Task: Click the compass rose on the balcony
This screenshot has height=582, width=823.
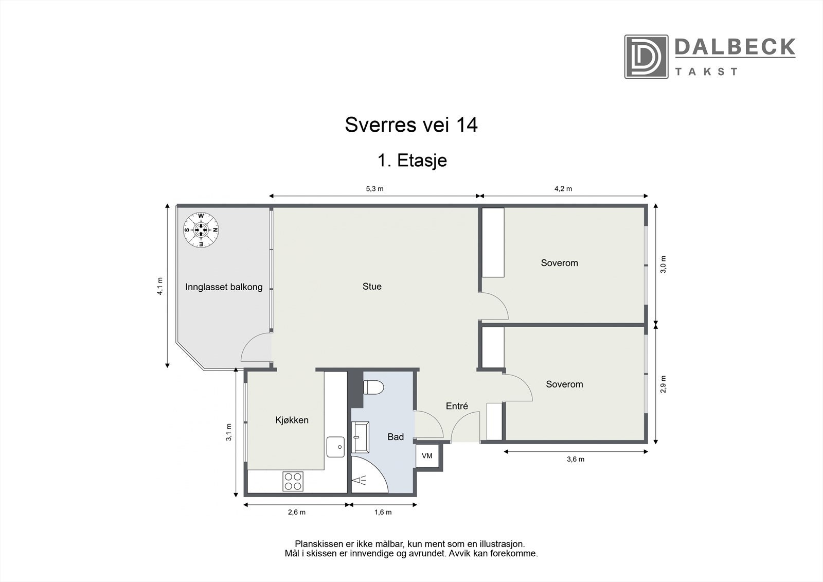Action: (x=201, y=230)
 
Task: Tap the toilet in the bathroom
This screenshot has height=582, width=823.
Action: (x=372, y=387)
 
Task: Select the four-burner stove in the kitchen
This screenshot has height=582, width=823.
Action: (x=293, y=482)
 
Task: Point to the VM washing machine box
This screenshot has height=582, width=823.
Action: (x=427, y=456)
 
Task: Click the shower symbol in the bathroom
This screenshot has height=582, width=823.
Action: (x=360, y=481)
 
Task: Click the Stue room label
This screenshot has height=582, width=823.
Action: (x=372, y=287)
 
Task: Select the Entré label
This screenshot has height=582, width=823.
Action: (x=457, y=406)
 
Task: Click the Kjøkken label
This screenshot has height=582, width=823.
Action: (x=292, y=420)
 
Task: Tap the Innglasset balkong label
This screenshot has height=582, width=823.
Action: (x=224, y=287)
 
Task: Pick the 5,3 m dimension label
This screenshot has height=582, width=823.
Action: (x=374, y=188)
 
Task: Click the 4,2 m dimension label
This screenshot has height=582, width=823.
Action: (x=563, y=188)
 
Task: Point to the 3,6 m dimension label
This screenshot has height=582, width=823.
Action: (x=575, y=459)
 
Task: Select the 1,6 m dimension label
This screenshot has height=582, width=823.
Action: (x=383, y=512)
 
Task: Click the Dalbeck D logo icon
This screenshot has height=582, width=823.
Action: (x=646, y=57)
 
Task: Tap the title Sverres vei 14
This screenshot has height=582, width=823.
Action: (x=411, y=125)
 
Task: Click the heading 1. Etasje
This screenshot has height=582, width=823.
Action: (x=412, y=161)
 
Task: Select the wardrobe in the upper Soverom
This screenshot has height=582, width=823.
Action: (x=493, y=242)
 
